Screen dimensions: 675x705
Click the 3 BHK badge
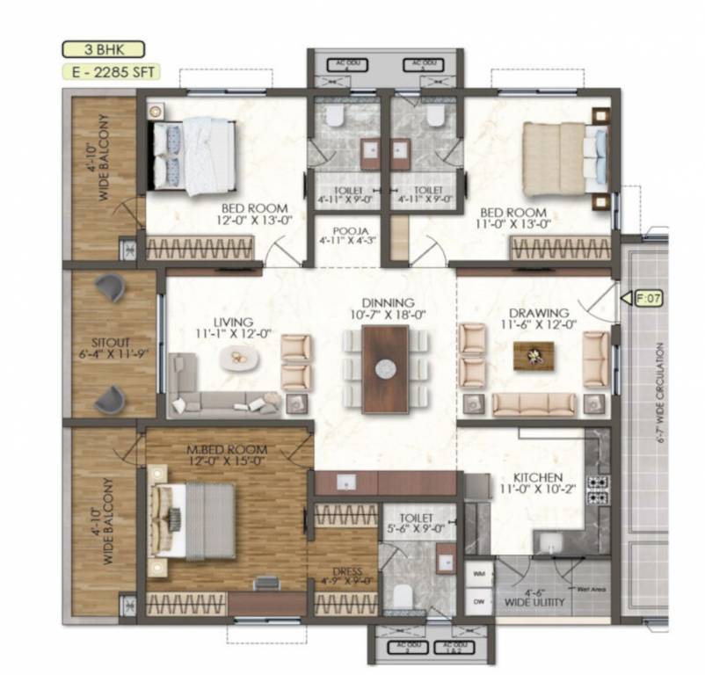(102, 49)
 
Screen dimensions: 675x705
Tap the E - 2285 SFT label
(102, 75)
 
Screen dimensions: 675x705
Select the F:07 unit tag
(649, 299)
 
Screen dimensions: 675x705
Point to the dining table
(385, 369)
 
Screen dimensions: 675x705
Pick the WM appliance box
(478, 572)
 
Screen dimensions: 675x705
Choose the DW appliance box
(478, 602)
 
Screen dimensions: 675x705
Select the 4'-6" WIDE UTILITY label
(534, 598)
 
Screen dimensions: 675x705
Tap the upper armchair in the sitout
(112, 287)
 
